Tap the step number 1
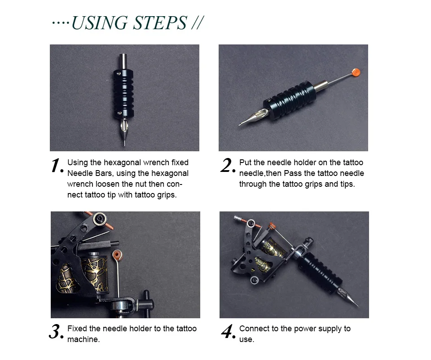[x=57, y=166]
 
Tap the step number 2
[x=228, y=166]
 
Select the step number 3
[x=57, y=332]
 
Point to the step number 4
[x=229, y=332]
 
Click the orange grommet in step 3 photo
[x=118, y=255]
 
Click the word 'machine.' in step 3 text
[x=84, y=339]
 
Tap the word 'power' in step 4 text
[x=305, y=329]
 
